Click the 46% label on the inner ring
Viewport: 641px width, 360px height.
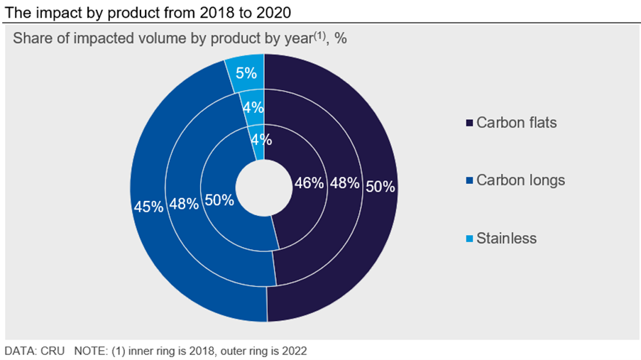[309, 183]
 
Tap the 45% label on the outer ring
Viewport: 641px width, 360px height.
[148, 207]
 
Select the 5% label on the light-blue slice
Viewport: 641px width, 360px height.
[246, 73]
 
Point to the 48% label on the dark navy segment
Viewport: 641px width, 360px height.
[345, 183]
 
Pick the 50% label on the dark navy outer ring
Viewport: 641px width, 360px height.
[380, 187]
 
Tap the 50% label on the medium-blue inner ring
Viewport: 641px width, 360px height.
[219, 200]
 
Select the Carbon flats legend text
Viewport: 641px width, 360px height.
[517, 123]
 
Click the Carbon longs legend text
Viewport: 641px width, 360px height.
[520, 180]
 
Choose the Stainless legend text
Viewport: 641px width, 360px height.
[506, 239]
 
